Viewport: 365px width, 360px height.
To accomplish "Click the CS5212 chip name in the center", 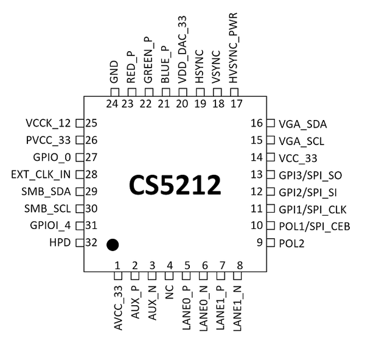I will pos(175,185).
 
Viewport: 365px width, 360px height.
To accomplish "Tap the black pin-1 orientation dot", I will pos(112,245).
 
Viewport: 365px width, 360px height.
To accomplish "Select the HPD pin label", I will pos(61,243).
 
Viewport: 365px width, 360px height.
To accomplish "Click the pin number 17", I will pos(236,104).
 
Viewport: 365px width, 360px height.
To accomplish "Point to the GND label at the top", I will pos(113,72).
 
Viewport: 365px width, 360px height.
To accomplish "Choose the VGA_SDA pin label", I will pos(302,124).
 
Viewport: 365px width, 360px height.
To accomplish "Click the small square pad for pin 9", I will pos(270,243).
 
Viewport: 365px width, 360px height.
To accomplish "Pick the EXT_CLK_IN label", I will pos(41,175).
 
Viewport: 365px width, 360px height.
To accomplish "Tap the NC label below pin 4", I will pos(170,294).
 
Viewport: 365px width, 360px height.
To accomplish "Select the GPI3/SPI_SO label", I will pos(309,175).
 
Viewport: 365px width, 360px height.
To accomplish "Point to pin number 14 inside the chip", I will pos(257,158).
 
